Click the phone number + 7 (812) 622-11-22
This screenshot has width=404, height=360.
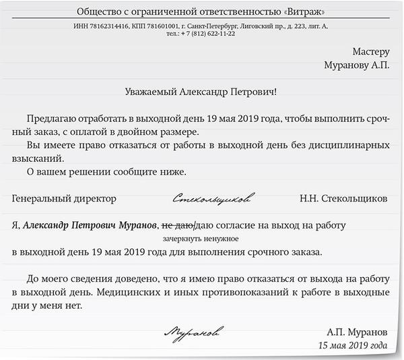point(210,34)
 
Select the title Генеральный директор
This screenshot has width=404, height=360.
point(64,199)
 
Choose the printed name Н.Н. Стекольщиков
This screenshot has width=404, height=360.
point(343,199)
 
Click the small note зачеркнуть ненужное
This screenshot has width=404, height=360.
point(201,239)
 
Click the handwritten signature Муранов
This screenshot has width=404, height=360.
point(195,332)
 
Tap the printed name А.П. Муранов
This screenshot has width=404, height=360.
point(357,333)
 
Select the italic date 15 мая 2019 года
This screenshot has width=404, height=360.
point(353,346)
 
